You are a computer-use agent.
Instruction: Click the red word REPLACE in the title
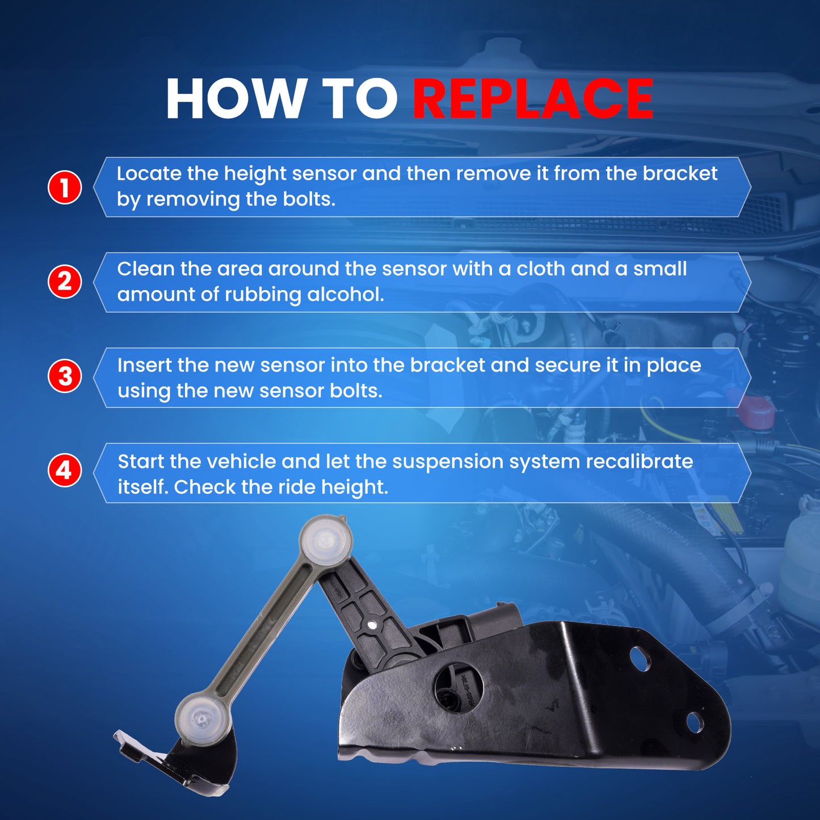tap(533, 99)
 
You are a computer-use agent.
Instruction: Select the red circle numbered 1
tap(65, 187)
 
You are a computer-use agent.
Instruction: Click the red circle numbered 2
tap(65, 281)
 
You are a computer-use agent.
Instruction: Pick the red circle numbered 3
tap(65, 377)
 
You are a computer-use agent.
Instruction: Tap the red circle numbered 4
tap(65, 472)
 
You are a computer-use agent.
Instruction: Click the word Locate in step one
tap(149, 174)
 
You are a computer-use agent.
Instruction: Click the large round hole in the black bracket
tap(459, 686)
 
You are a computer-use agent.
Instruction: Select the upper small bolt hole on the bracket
tap(641, 657)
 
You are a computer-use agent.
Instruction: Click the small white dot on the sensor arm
tap(372, 625)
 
